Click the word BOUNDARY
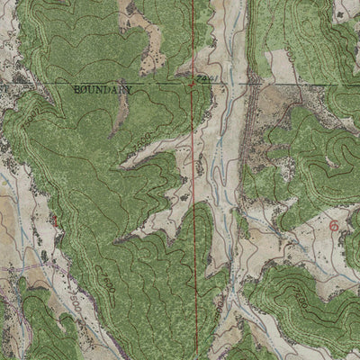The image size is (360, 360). tap(100, 91)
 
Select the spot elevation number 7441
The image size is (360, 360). tap(203, 79)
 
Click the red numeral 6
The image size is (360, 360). tap(336, 226)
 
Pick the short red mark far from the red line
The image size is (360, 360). tap(56, 219)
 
